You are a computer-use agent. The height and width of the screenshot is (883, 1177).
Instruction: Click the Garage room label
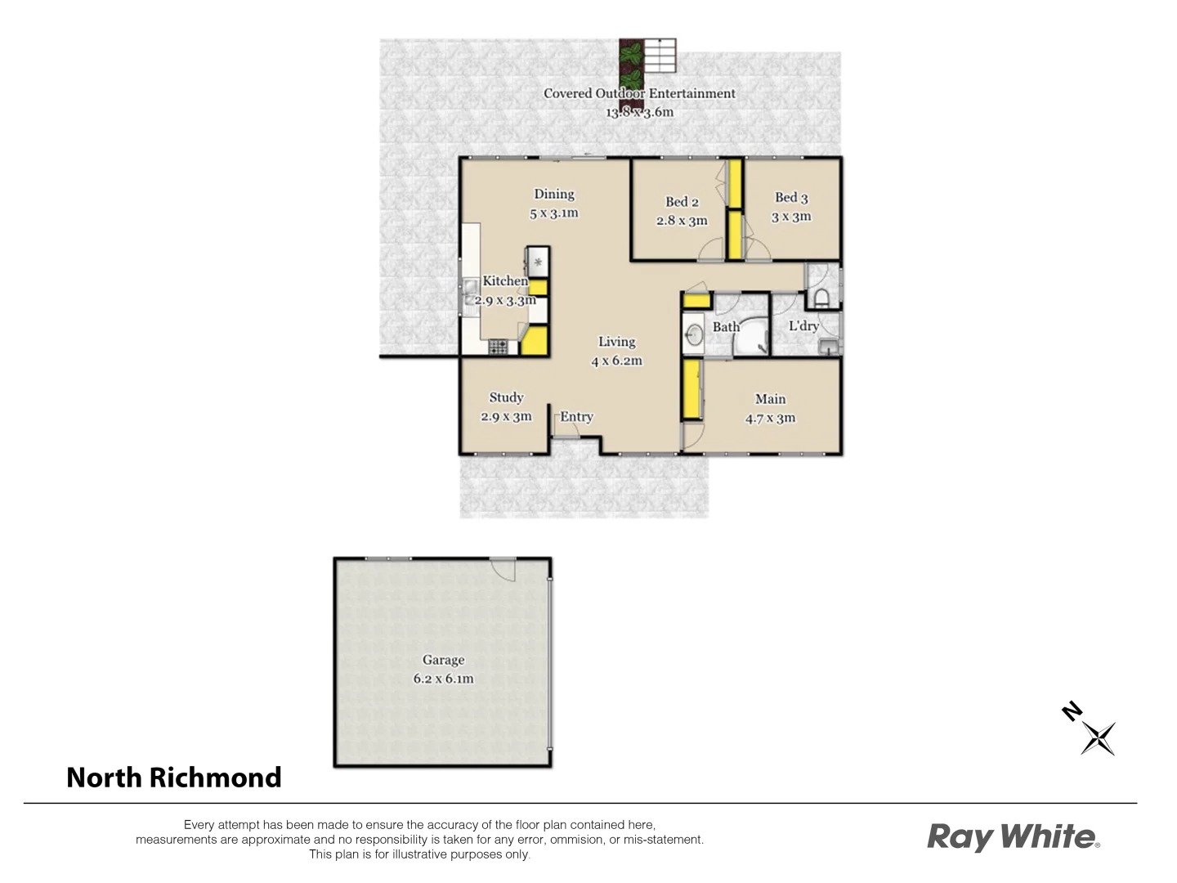443,660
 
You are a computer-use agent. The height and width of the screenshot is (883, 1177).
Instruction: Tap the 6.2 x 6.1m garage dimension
443,679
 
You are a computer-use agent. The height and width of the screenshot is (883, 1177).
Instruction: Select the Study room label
506,397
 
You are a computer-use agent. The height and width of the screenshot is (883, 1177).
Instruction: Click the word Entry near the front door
577,417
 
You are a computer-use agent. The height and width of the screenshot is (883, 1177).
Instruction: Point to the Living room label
616,342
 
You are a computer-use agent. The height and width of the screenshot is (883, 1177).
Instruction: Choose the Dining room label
554,194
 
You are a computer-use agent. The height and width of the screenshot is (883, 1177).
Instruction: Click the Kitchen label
505,281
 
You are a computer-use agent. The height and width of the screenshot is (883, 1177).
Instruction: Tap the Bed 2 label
682,202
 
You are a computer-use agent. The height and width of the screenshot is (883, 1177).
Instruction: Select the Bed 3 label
791,197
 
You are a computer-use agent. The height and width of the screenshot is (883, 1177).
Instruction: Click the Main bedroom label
770,399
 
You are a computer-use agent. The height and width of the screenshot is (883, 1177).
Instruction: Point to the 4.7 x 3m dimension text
770,419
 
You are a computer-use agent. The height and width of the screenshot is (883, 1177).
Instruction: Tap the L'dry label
803,325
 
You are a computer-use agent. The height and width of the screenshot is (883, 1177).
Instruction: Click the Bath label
726,327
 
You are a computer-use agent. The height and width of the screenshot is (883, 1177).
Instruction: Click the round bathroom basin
695,334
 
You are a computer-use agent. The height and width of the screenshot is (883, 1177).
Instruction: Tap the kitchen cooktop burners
498,347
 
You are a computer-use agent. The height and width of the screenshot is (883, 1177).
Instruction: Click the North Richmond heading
174,777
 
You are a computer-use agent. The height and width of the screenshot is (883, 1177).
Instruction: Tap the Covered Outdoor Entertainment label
639,93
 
